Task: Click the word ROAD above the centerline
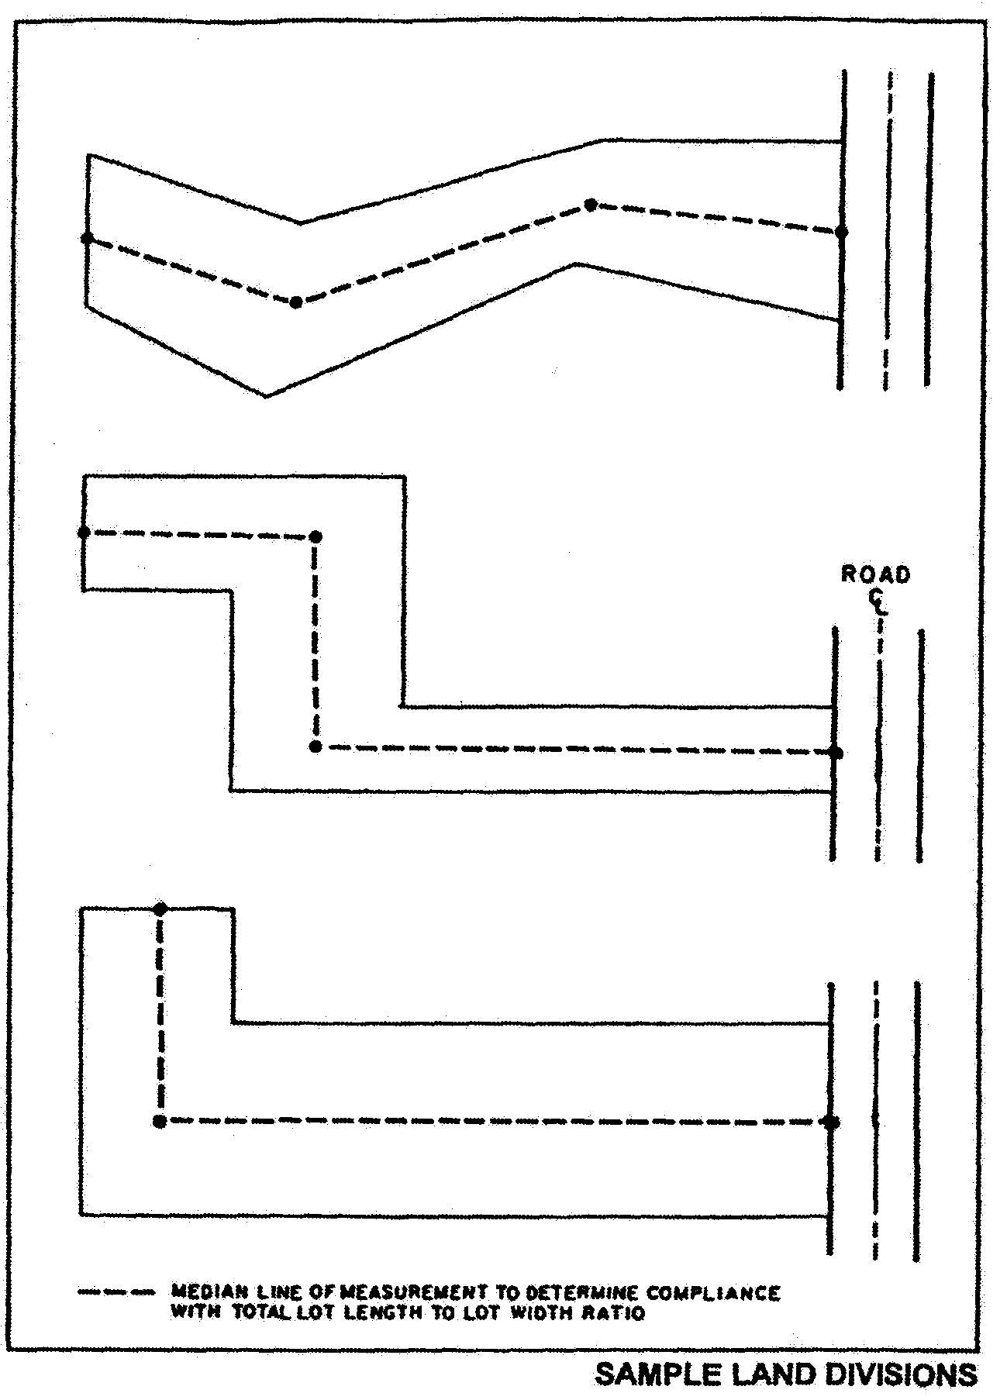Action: pyautogui.click(x=875, y=575)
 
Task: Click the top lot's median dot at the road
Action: pyautogui.click(x=841, y=232)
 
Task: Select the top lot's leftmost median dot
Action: pyautogui.click(x=88, y=238)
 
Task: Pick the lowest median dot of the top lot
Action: pyautogui.click(x=295, y=302)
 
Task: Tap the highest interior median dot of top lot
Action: pyautogui.click(x=591, y=205)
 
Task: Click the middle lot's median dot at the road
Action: pyautogui.click(x=835, y=753)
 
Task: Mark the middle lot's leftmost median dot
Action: pyautogui.click(x=84, y=533)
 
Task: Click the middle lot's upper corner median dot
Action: pyautogui.click(x=315, y=536)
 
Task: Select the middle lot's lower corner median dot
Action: pyautogui.click(x=315, y=747)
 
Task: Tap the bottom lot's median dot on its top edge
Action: pyautogui.click(x=160, y=909)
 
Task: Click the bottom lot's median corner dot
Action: pyautogui.click(x=160, y=1121)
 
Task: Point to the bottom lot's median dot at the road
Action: pyautogui.click(x=832, y=1122)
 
